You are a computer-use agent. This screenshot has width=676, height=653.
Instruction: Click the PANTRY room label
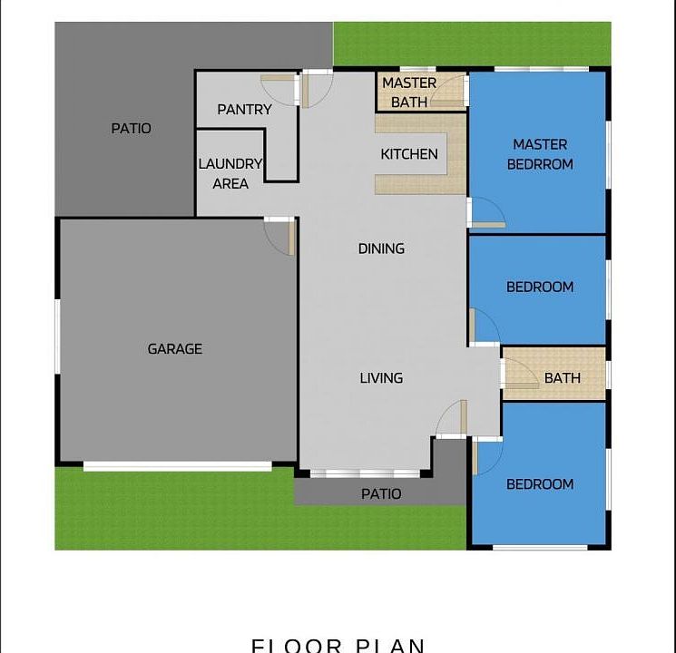(x=244, y=110)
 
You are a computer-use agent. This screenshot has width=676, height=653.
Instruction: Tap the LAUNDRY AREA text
(x=230, y=174)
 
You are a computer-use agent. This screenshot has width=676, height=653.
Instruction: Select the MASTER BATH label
(x=409, y=93)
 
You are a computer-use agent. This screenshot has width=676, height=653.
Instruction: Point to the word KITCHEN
(x=409, y=154)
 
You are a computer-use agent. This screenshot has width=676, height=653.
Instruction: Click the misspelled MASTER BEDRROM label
(x=540, y=154)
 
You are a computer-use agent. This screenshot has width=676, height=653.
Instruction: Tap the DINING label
(x=381, y=249)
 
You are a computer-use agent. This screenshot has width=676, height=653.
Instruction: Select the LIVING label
(x=381, y=378)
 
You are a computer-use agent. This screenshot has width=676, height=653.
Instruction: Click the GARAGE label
(x=175, y=349)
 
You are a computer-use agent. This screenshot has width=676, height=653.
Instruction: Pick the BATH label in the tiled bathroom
(x=563, y=378)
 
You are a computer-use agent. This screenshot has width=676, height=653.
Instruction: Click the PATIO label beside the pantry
(x=132, y=129)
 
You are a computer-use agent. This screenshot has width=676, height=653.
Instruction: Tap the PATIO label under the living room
(x=381, y=494)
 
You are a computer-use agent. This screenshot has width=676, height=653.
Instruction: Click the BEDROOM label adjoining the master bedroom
(x=540, y=288)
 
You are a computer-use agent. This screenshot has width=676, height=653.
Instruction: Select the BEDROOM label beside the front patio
(x=540, y=484)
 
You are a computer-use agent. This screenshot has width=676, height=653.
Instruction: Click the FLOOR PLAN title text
(x=338, y=645)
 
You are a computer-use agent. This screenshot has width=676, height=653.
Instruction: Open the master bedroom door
(x=485, y=213)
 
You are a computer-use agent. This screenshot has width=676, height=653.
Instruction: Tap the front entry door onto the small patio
(x=451, y=419)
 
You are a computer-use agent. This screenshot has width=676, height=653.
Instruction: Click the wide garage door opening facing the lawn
(x=178, y=466)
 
